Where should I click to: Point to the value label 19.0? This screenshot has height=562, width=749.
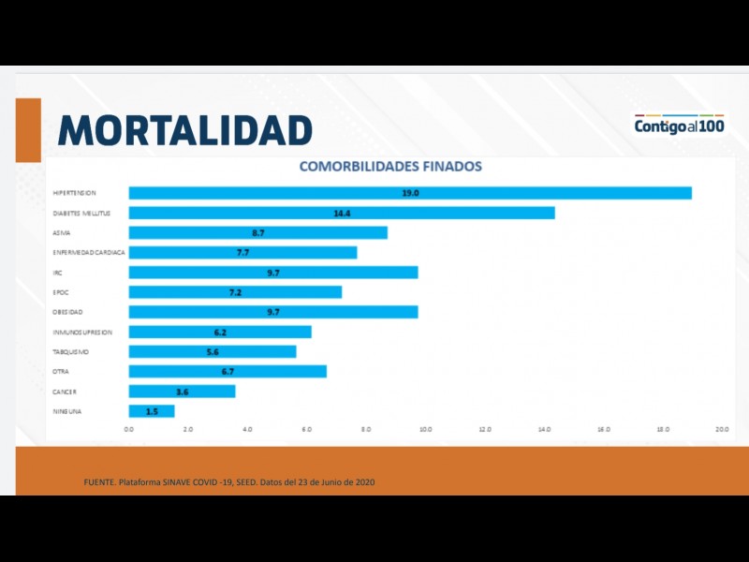409,193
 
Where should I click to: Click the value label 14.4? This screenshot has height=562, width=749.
342,213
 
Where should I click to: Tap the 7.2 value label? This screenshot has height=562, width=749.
235,292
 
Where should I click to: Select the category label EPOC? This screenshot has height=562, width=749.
62,292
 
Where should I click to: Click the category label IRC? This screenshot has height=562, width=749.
58,273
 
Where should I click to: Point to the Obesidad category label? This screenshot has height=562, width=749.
68,312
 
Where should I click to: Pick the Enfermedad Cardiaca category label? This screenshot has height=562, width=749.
89,253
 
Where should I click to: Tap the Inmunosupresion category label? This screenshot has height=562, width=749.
82,333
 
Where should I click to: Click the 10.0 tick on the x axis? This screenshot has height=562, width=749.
425,429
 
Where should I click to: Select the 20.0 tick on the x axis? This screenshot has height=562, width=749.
722,429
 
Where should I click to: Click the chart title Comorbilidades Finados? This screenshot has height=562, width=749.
389,167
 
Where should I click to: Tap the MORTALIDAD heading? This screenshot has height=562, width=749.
184,130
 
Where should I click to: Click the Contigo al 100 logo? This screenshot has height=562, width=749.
681,125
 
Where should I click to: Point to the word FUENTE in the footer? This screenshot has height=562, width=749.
98,481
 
